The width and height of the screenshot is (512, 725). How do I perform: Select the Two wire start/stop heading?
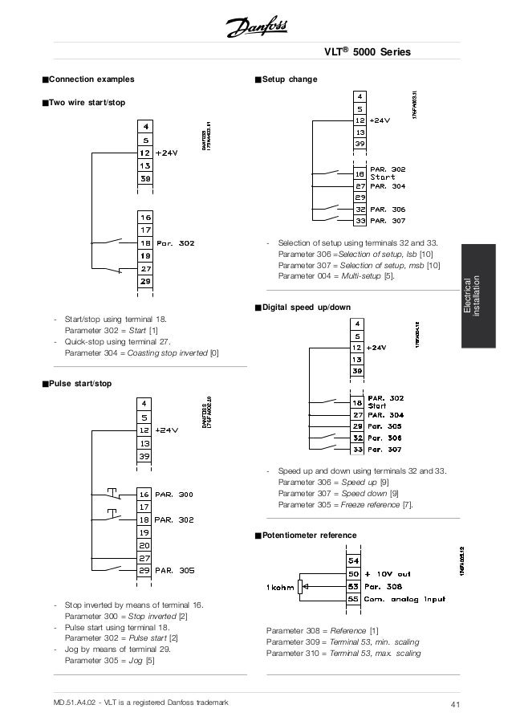tap(87, 102)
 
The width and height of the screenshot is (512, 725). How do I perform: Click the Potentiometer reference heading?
tap(310, 535)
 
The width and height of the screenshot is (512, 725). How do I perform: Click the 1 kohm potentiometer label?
tap(280, 587)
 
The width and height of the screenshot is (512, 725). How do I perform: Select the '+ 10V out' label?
tap(389, 575)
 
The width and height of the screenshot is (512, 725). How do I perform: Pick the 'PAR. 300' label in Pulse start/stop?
tap(174, 495)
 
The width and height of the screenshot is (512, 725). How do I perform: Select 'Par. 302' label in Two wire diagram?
tap(175, 242)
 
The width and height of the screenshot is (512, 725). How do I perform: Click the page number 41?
tap(455, 705)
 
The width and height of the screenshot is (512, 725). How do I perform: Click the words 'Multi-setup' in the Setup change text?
tap(361, 276)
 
